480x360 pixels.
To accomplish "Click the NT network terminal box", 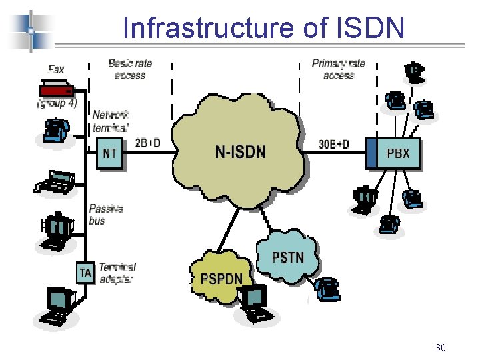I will [x=109, y=153].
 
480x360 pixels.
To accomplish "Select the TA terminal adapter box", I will [x=85, y=272].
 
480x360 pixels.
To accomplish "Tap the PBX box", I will [x=398, y=154].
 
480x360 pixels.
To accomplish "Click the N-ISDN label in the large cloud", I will [x=241, y=151].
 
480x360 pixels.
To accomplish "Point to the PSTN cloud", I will [x=288, y=257].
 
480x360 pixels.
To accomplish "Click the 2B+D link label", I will [x=148, y=143].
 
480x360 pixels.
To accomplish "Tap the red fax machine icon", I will [x=56, y=89].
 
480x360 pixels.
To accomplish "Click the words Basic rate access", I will [x=130, y=69].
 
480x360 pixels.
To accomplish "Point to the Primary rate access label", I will [x=338, y=69].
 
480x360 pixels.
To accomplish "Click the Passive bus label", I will [x=105, y=214].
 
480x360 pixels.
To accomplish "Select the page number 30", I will [x=440, y=347].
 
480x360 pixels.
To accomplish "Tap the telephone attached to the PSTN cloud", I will [x=327, y=288].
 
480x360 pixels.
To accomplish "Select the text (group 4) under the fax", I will [x=57, y=103].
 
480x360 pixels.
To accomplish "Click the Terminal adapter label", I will [x=117, y=273].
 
